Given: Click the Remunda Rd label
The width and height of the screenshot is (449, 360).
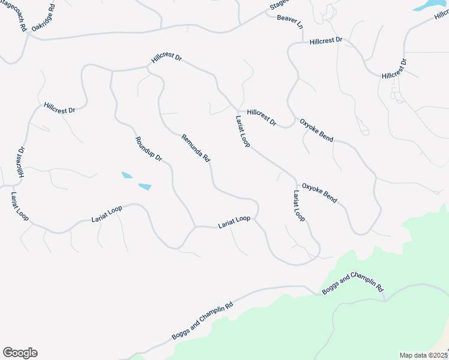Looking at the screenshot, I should [x=196, y=148].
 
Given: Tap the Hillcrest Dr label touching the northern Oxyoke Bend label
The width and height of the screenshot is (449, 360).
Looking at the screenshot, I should [x=261, y=117].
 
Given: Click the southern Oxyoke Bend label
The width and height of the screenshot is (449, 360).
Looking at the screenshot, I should [x=319, y=192].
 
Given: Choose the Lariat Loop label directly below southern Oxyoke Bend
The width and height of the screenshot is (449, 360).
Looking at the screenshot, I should [x=299, y=206].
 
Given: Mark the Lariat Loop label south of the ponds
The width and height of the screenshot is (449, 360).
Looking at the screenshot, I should [x=107, y=214].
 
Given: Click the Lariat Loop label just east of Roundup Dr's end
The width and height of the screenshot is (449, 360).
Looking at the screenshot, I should [x=234, y=221].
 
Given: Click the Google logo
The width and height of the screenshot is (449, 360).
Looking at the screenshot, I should [x=20, y=353].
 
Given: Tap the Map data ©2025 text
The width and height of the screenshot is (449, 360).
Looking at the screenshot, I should [x=424, y=355].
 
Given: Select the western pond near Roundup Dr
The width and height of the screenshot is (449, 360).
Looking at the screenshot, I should [x=127, y=175].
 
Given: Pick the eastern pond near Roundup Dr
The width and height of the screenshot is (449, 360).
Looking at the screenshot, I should [x=145, y=187].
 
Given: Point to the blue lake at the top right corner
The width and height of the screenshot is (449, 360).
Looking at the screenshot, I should [x=428, y=5].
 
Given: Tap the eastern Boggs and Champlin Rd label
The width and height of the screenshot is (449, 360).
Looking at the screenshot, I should [x=352, y=283].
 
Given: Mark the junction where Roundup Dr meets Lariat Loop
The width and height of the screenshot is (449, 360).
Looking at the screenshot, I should [x=194, y=227].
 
